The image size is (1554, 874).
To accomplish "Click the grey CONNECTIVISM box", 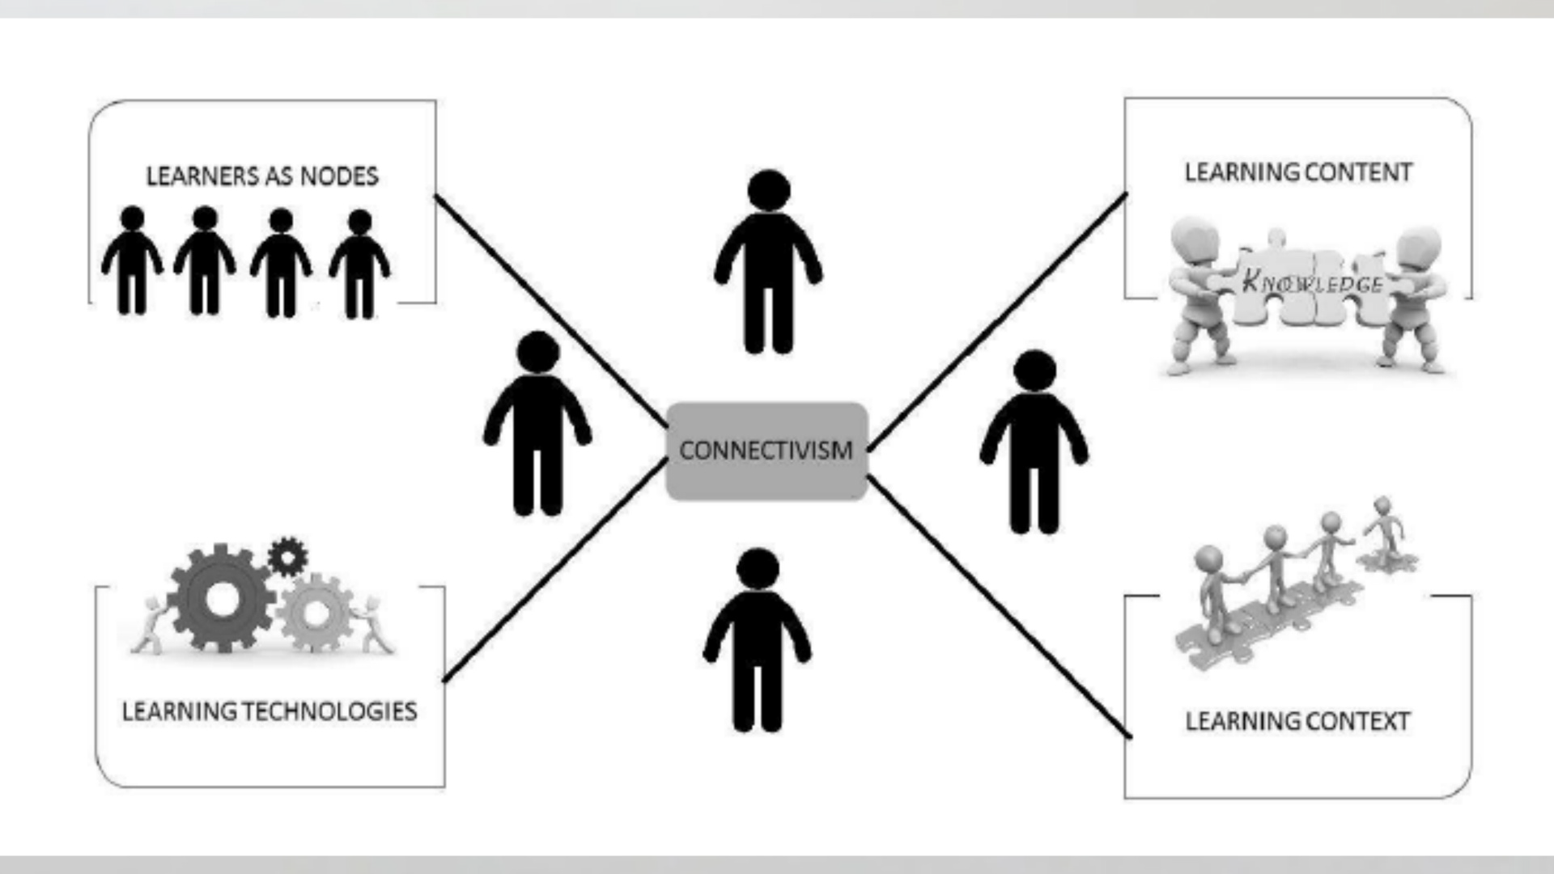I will pos(766,450).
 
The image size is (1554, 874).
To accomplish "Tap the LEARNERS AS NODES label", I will pos(261,176).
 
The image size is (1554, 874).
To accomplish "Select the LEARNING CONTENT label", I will pos(1297,172).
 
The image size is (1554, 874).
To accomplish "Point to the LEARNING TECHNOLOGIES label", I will pos(270,711).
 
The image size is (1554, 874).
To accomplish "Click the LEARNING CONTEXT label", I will pos(1297,721).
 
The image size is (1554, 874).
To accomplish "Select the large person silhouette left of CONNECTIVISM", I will pos(537,425).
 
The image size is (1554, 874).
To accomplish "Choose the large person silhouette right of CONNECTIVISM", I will pos(1034,443).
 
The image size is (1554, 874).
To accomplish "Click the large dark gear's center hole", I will pos(221,599).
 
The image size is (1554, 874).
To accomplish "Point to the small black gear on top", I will pos(287,556).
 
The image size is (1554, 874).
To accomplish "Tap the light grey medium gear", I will pos(316,613).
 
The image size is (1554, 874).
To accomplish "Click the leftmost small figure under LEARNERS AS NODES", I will pos(132,261).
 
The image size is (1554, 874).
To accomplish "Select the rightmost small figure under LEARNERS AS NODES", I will pos(359,265).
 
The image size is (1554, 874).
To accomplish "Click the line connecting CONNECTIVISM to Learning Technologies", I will pos(555,570).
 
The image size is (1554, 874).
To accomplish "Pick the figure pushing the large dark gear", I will pos(151,625).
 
